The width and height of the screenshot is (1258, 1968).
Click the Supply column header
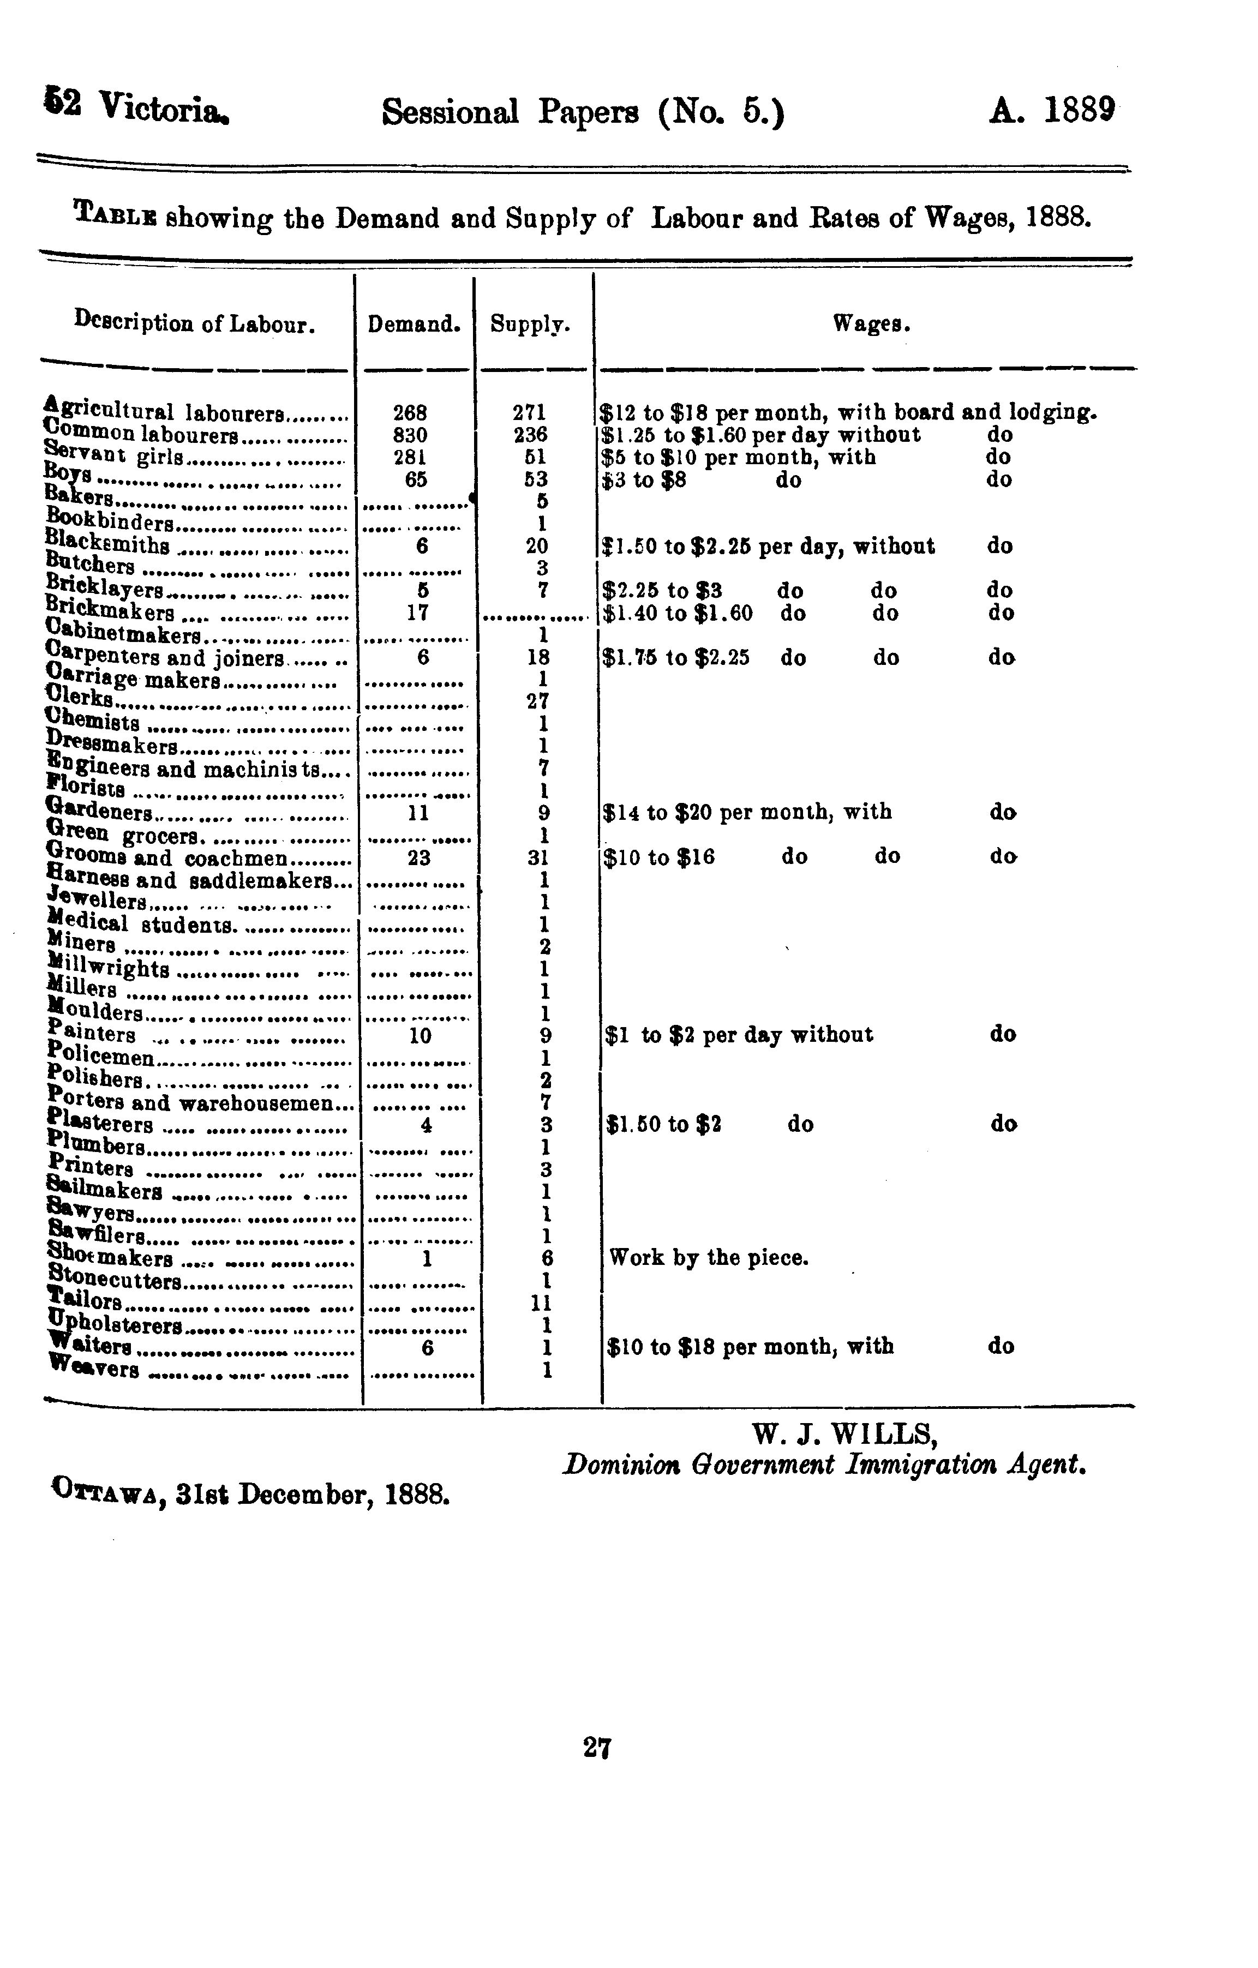tap(530, 325)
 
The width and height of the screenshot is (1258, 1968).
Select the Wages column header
tap(871, 325)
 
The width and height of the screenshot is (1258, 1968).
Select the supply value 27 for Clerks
tap(538, 701)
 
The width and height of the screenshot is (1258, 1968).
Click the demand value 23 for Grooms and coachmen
tap(418, 858)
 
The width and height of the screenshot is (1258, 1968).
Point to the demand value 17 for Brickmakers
tap(418, 612)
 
